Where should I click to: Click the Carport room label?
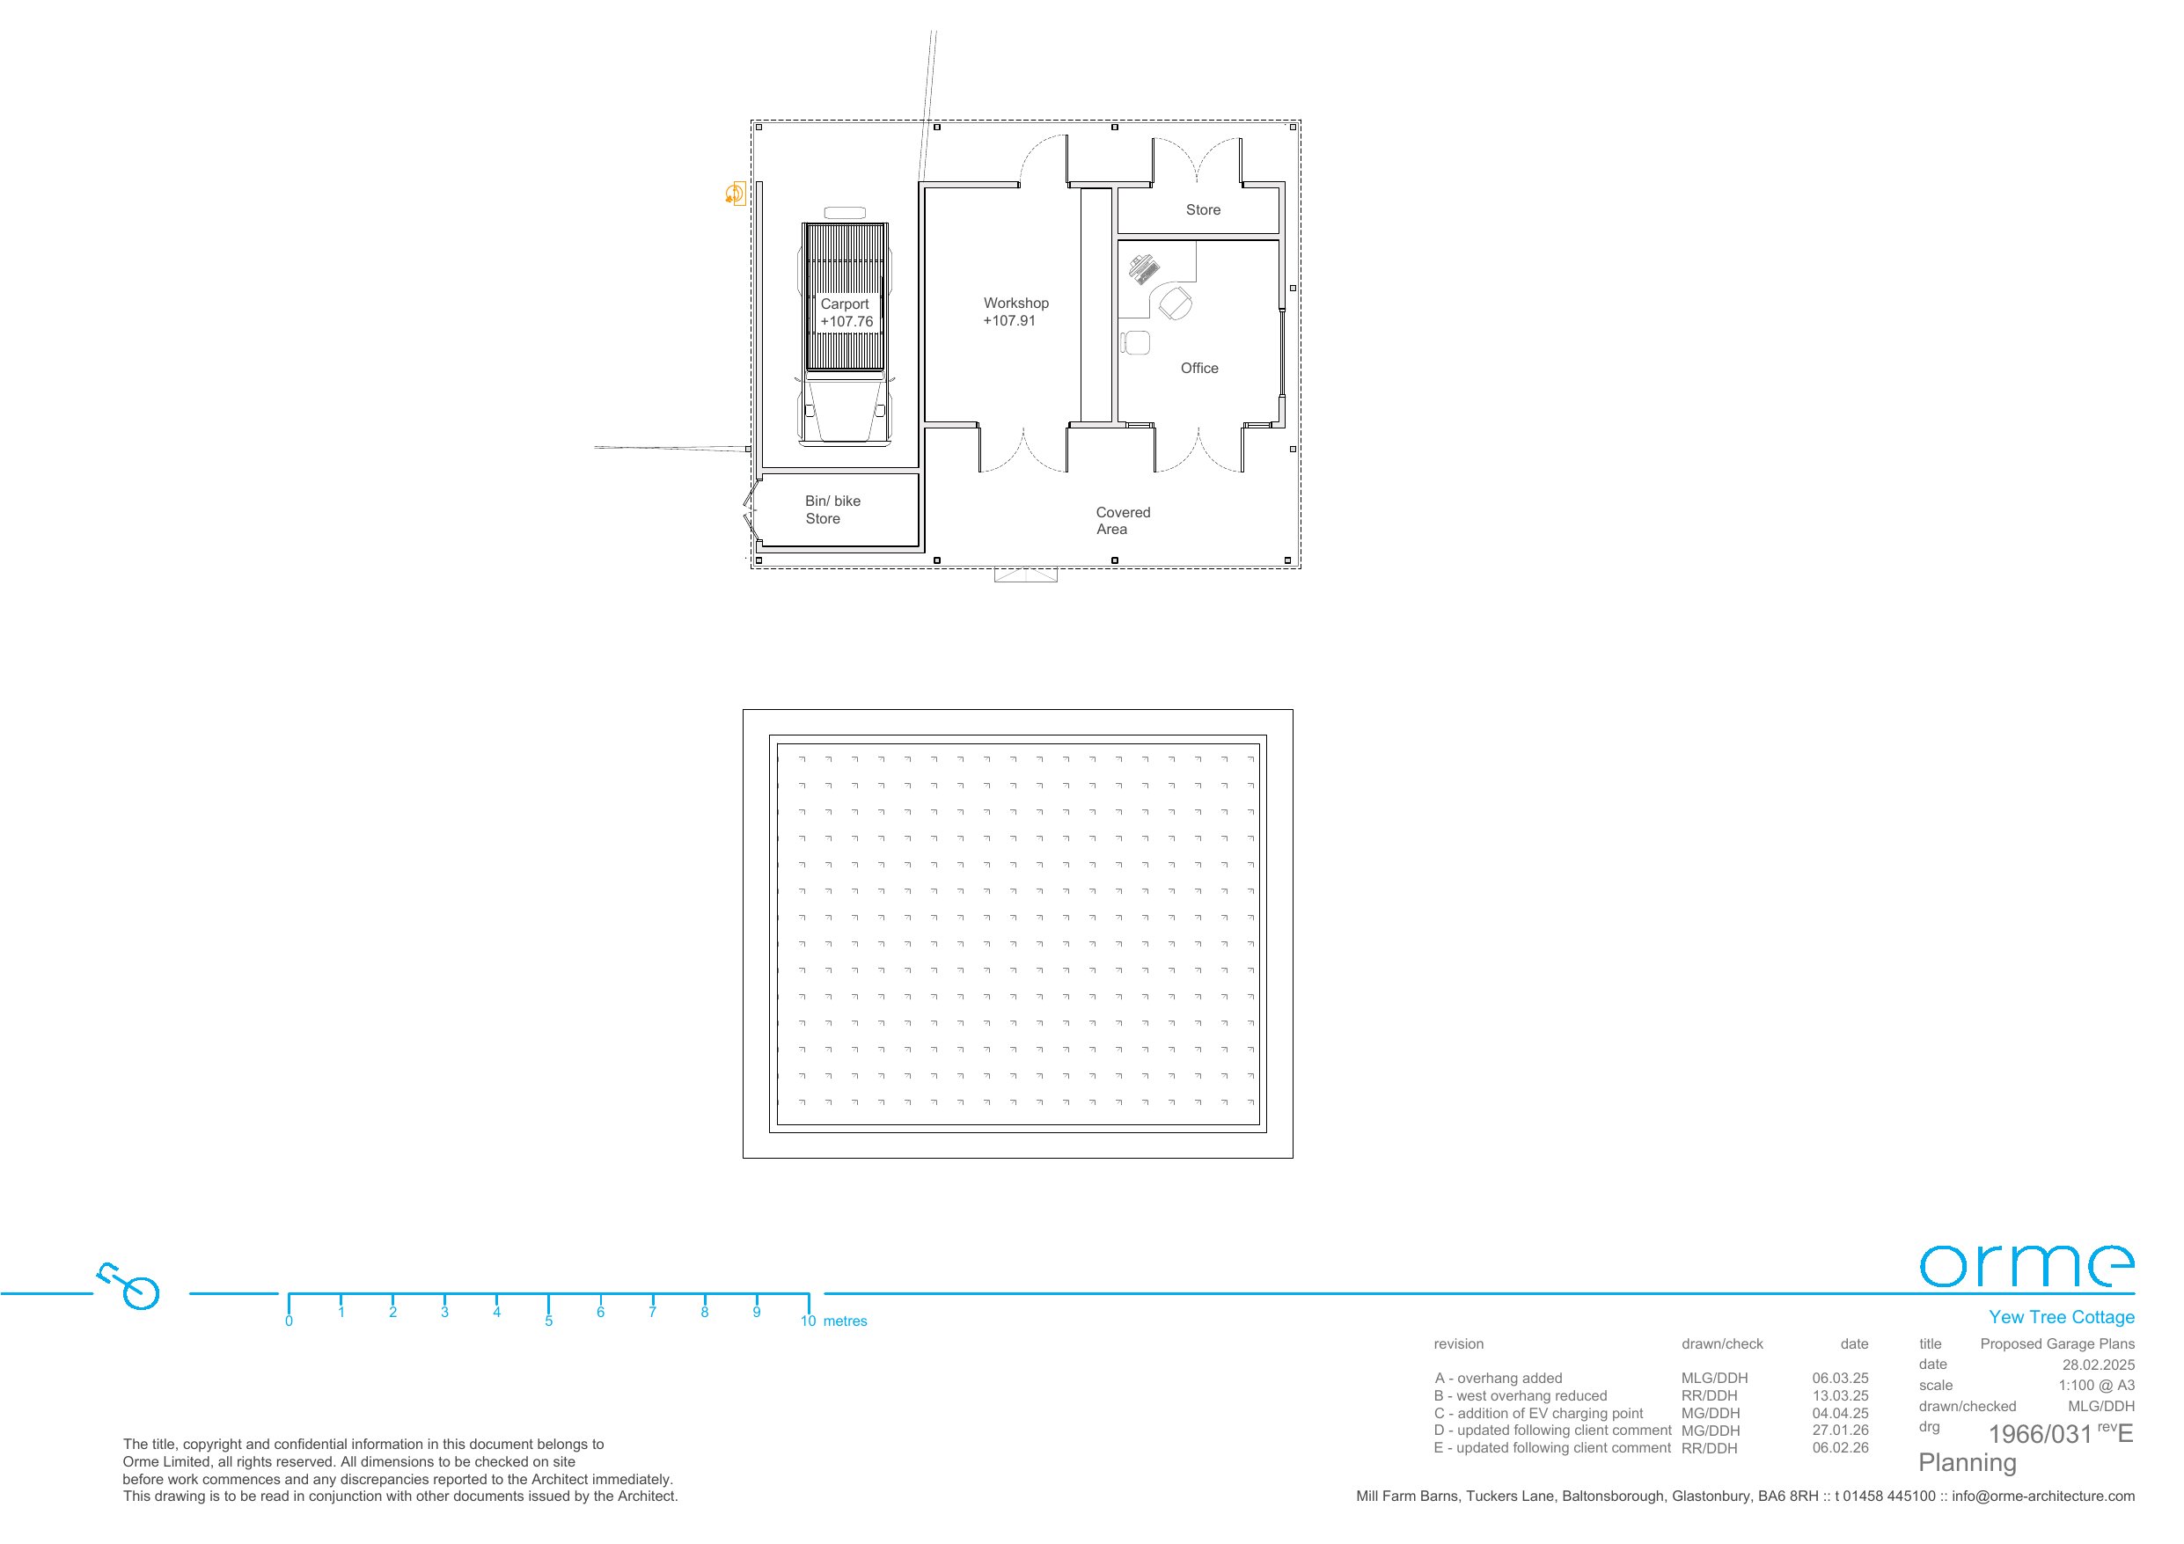(845, 304)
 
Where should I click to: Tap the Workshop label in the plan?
(1016, 304)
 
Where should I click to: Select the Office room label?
(1199, 368)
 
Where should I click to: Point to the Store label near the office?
(1203, 210)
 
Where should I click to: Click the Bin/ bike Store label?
(832, 510)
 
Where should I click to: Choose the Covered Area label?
(1123, 520)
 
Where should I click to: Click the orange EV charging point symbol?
(735, 194)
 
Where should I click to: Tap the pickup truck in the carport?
(846, 326)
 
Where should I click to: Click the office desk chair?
(1175, 304)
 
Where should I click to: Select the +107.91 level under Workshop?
(1009, 321)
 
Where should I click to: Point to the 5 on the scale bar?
(549, 1321)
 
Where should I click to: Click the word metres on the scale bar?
(846, 1321)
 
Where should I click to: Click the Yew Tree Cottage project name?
(2062, 1318)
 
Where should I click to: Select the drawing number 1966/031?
(2041, 1435)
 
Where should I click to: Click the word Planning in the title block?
(1968, 1463)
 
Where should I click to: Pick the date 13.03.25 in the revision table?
(1840, 1395)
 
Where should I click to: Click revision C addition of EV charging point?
(1538, 1414)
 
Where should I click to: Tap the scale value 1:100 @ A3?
(2097, 1385)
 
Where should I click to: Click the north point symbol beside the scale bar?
(130, 1286)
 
